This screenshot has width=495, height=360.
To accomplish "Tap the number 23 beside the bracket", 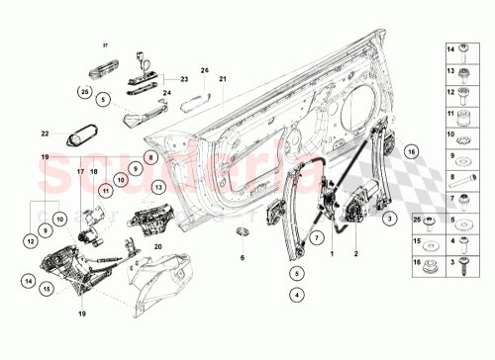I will [183, 77].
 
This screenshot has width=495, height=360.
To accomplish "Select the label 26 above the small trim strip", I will [205, 70].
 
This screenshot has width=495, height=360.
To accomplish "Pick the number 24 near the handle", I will [168, 95].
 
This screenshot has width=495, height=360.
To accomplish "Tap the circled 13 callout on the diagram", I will [158, 187].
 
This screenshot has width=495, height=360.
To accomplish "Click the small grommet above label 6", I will [243, 233].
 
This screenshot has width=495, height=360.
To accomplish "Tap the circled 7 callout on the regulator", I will [315, 236].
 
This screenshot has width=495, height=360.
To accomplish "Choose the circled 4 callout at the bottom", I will [295, 294].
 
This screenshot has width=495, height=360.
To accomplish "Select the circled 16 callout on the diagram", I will [411, 152].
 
